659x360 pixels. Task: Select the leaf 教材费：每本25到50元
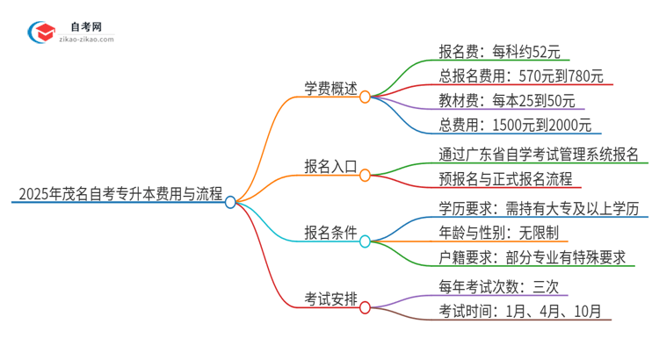pyautogui.click(x=507, y=100)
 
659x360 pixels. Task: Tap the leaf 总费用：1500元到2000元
pyautogui.click(x=515, y=125)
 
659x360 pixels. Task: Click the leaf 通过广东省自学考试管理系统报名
pyautogui.click(x=540, y=155)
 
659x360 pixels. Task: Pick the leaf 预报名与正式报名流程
pyautogui.click(x=505, y=180)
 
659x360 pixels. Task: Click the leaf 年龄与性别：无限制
pyautogui.click(x=498, y=233)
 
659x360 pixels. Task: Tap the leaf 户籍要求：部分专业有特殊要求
pyautogui.click(x=532, y=257)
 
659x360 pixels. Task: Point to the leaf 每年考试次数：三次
pyautogui.click(x=498, y=286)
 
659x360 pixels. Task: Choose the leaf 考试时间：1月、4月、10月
pyautogui.click(x=519, y=311)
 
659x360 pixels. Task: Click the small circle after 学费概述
pyautogui.click(x=366, y=97)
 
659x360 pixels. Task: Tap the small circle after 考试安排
pyautogui.click(x=366, y=308)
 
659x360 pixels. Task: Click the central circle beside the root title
pyautogui.click(x=230, y=202)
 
